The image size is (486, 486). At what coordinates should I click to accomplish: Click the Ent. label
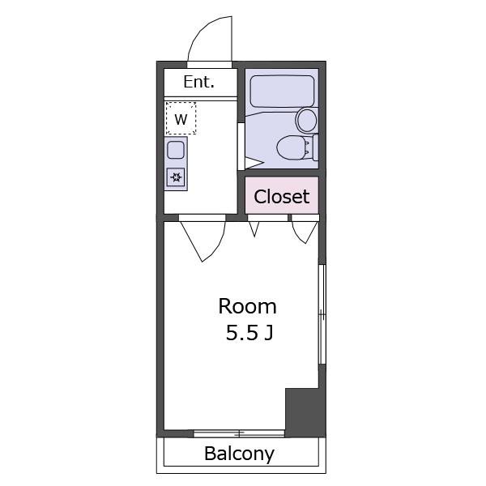point(198,82)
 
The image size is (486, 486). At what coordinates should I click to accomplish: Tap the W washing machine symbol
point(181,118)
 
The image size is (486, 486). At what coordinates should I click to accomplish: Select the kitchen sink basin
point(176,150)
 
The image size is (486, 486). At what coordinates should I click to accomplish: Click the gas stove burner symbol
point(176,177)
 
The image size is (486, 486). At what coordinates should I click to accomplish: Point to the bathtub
point(282,92)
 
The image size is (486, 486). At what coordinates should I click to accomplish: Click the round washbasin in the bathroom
point(306,120)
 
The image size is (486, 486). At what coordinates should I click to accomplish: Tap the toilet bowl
point(291,148)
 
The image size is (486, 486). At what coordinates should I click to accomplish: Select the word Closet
point(282,197)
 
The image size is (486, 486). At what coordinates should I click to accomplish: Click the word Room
point(247,306)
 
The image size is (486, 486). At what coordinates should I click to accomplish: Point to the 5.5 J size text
point(249,333)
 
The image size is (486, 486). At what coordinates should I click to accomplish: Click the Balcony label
point(239,454)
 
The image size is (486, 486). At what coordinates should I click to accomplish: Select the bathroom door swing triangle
point(254,164)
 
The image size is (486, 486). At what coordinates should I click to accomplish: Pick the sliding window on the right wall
point(322,314)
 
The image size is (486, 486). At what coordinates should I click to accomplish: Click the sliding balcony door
point(239,433)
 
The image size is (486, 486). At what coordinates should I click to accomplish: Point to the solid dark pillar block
point(305,412)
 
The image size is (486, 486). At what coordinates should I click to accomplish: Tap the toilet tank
point(315,147)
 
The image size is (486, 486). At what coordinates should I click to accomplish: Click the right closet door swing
point(305,232)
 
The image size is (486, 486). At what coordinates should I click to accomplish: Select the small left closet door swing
point(254,229)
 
